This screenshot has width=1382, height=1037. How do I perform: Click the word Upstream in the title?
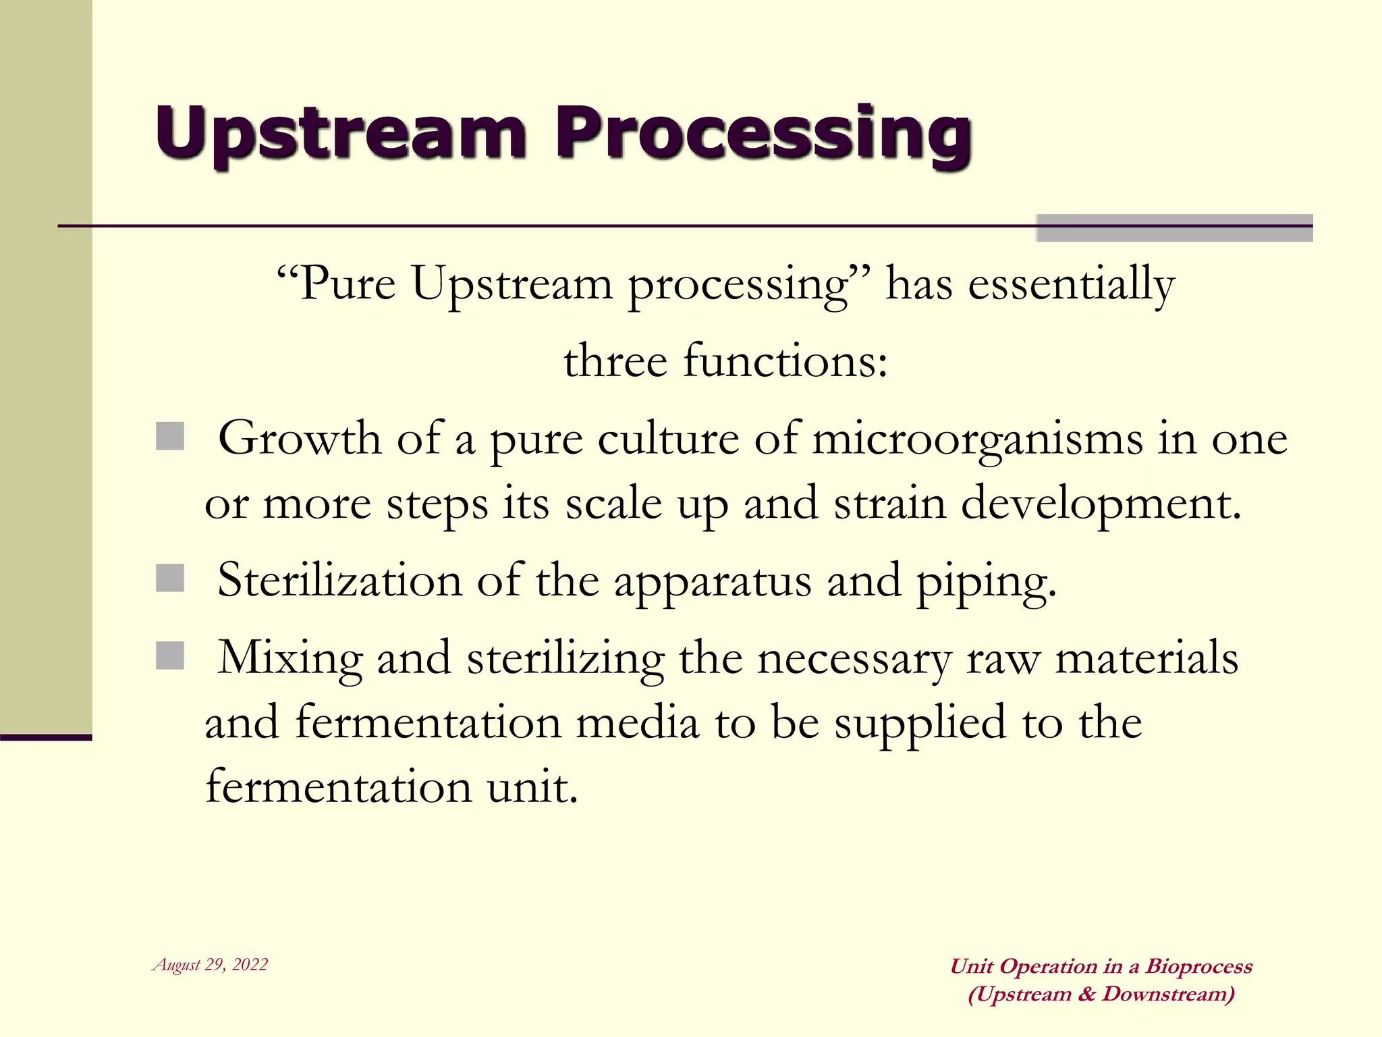pyautogui.click(x=341, y=134)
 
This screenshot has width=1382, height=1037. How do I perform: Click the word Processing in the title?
pyautogui.click(x=763, y=134)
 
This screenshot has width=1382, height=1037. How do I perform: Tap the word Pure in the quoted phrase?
pyautogui.click(x=347, y=284)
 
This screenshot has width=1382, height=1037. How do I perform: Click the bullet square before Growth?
pyautogui.click(x=170, y=436)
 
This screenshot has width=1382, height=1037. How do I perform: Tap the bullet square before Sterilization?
pyautogui.click(x=170, y=579)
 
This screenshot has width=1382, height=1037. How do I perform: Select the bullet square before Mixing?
pyautogui.click(x=170, y=656)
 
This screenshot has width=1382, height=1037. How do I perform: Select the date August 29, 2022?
pyautogui.click(x=211, y=965)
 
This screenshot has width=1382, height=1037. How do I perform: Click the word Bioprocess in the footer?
pyautogui.click(x=1199, y=966)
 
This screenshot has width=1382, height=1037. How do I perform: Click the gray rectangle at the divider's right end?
pyautogui.click(x=1174, y=228)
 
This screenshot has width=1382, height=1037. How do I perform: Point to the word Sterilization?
pyautogui.click(x=339, y=581)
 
